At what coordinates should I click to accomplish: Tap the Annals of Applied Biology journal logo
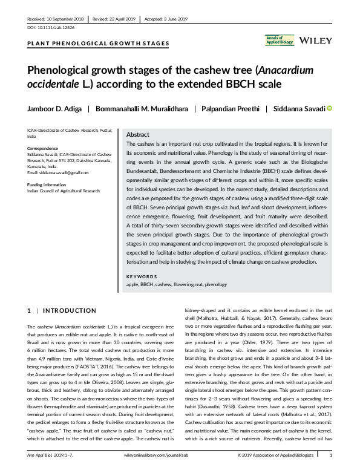(279, 40)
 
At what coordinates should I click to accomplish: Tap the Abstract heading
(137, 135)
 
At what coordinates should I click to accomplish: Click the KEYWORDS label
(140, 276)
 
